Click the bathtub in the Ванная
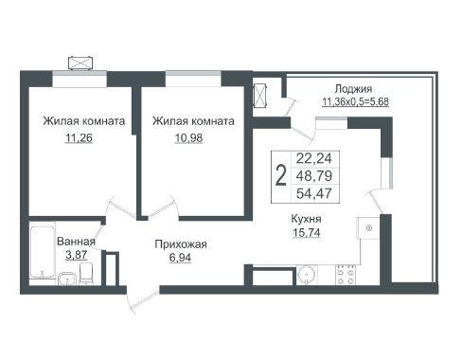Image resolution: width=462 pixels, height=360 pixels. point(43,250)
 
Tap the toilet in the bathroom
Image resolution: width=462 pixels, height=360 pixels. point(85,274)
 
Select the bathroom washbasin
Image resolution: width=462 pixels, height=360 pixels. point(67,279)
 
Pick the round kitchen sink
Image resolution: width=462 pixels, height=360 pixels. point(307,276)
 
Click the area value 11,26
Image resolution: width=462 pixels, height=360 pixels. point(79,138)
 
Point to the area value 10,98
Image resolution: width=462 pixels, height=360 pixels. point(188,138)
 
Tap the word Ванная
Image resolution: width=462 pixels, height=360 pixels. point(76,242)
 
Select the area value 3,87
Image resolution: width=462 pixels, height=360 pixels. point(77,255)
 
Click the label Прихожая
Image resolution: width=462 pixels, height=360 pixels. point(181,244)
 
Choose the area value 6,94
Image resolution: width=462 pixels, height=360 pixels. point(180,258)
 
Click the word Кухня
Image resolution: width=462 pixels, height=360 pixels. point(306,219)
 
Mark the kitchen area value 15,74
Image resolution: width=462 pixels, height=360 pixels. point(307,233)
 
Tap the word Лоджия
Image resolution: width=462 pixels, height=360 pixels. point(353,89)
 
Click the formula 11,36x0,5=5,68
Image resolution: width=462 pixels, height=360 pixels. point(355,102)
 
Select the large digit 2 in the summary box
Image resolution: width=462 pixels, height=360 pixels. point(281,176)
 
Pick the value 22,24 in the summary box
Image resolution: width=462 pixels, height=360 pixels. point(314,158)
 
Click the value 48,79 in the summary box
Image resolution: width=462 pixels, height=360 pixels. point(314,175)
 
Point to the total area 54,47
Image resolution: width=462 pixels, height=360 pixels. point(314,193)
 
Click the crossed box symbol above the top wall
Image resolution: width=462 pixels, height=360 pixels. point(81,63)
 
